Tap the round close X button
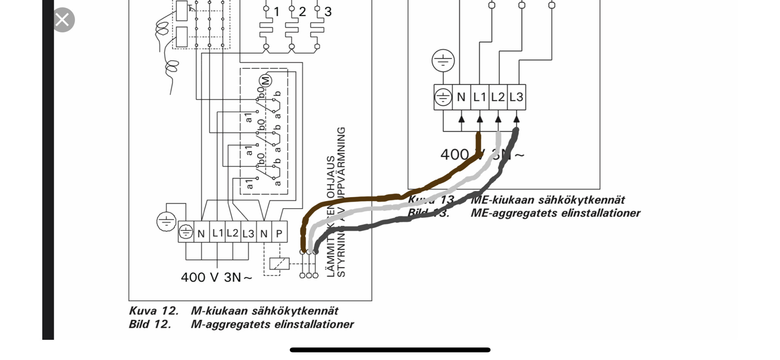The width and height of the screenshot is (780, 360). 62,20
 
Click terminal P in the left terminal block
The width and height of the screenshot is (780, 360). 279,233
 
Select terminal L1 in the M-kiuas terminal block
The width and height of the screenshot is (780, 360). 217,233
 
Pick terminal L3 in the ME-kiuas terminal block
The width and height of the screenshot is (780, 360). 516,97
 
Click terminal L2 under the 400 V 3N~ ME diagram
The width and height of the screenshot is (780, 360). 498,97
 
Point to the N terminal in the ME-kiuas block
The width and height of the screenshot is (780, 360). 461,97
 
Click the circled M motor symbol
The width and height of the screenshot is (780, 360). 265,81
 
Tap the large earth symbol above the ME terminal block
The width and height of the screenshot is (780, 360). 443,60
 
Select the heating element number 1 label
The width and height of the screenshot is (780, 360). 277,12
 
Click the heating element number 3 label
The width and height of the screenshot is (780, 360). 328,12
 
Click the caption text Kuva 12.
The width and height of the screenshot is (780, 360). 153,311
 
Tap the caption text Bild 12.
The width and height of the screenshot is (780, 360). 150,324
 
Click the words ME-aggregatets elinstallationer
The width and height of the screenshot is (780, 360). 555,213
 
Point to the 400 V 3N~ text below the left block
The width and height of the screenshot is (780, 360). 216,277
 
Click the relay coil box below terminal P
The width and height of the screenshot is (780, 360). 279,264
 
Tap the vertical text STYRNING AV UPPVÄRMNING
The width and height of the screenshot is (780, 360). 341,202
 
